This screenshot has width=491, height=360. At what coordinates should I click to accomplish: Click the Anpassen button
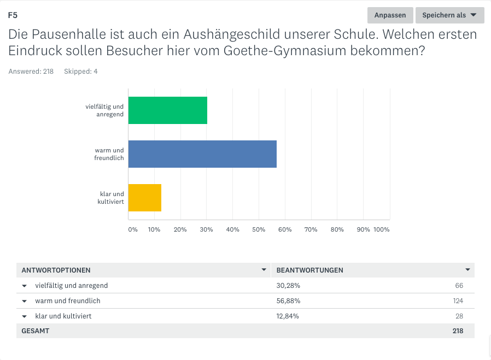390,15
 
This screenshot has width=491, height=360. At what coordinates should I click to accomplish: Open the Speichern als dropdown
449,15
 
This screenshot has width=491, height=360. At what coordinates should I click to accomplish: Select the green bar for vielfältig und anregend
167,110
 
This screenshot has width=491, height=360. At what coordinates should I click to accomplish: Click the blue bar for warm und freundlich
202,154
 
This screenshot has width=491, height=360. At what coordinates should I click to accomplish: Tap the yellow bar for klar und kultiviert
144,198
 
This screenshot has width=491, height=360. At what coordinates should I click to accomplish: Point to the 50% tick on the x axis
259,229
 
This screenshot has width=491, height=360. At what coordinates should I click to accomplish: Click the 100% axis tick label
381,229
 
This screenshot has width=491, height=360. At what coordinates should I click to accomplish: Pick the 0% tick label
133,229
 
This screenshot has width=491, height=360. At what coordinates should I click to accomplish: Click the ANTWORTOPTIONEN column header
56,270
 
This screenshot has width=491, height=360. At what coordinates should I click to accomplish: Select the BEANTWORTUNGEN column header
310,270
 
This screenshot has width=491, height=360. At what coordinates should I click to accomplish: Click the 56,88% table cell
288,301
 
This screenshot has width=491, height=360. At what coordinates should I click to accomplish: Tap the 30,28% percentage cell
288,286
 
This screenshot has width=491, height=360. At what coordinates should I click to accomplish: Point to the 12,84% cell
288,316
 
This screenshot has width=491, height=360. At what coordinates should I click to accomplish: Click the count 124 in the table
458,301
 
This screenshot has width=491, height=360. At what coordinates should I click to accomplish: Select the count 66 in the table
459,286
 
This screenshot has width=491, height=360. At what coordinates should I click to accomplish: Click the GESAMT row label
35,331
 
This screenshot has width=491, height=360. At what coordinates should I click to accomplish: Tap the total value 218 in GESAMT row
458,331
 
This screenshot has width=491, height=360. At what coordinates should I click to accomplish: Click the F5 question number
13,15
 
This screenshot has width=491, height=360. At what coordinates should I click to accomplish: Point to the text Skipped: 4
81,72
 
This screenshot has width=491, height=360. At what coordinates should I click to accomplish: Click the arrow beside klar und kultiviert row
25,316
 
